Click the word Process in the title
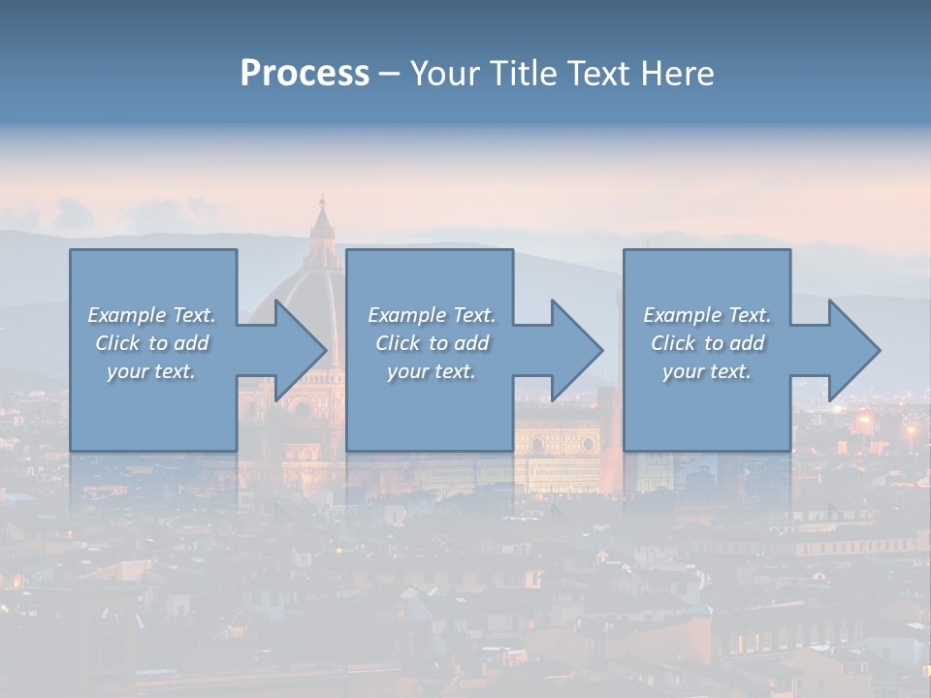(305, 73)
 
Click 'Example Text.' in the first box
(152, 315)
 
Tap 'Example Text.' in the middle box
(432, 315)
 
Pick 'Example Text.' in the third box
(707, 315)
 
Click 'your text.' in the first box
(151, 371)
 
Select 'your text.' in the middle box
(432, 371)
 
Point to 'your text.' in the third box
(707, 371)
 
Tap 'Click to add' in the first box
(152, 343)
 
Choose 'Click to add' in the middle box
(432, 343)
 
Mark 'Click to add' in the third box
(707, 343)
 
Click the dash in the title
(389, 74)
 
